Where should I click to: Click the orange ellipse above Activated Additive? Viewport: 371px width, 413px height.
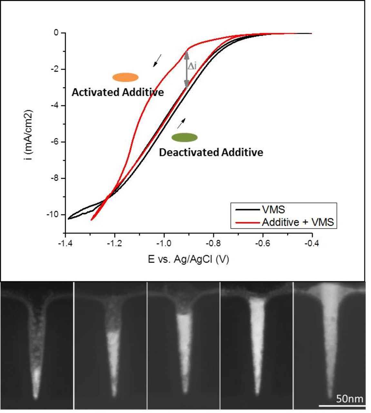pyautogui.click(x=125, y=77)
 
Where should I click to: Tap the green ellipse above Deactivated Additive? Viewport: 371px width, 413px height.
pyautogui.click(x=184, y=137)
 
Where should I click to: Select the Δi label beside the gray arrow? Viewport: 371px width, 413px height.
pyautogui.click(x=192, y=66)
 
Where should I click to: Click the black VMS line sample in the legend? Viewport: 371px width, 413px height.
pyautogui.click(x=247, y=210)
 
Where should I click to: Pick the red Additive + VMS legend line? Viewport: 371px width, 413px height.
pyautogui.click(x=247, y=222)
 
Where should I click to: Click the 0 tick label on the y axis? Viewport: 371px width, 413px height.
pyautogui.click(x=56, y=33)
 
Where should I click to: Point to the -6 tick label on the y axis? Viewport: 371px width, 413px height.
pyautogui.click(x=54, y=142)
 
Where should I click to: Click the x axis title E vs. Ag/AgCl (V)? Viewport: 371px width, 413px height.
pyautogui.click(x=188, y=259)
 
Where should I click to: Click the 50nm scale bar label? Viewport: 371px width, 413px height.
pyautogui.click(x=349, y=399)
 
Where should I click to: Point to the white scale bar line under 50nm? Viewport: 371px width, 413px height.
pyautogui.click(x=342, y=406)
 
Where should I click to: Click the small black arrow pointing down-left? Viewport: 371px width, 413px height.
pyautogui.click(x=157, y=61)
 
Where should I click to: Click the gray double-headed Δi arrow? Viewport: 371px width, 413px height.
pyautogui.click(x=186, y=70)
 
